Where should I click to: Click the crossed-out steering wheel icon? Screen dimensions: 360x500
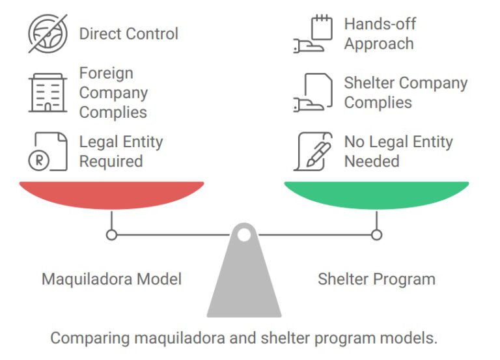(x=48, y=33)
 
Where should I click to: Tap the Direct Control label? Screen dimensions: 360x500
(x=128, y=34)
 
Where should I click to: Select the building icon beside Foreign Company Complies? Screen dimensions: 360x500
(x=48, y=93)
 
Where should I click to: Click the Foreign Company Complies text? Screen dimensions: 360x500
(x=113, y=92)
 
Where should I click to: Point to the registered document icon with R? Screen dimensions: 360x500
(x=48, y=151)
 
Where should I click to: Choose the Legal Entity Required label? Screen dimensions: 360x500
(x=120, y=151)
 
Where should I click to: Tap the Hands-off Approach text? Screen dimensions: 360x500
(x=380, y=34)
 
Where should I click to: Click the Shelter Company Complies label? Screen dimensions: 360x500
(x=405, y=92)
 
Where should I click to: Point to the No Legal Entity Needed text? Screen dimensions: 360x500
(x=398, y=151)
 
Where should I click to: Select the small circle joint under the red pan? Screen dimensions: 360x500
(x=111, y=234)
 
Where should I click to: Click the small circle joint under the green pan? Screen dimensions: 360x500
(x=376, y=234)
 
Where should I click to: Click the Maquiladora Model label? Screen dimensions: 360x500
(x=111, y=279)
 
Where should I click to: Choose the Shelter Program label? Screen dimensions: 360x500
(x=376, y=279)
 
